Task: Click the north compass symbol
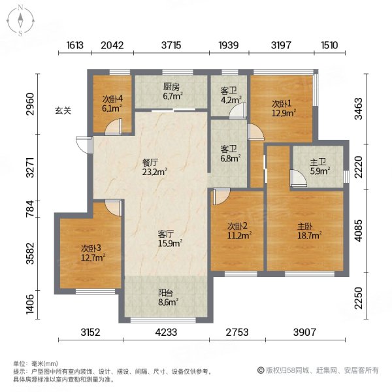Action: click(20, 20)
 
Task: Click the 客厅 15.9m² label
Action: click(169, 238)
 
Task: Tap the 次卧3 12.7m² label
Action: click(91, 252)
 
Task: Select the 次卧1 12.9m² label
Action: click(283, 107)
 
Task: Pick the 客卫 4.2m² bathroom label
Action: click(229, 97)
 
